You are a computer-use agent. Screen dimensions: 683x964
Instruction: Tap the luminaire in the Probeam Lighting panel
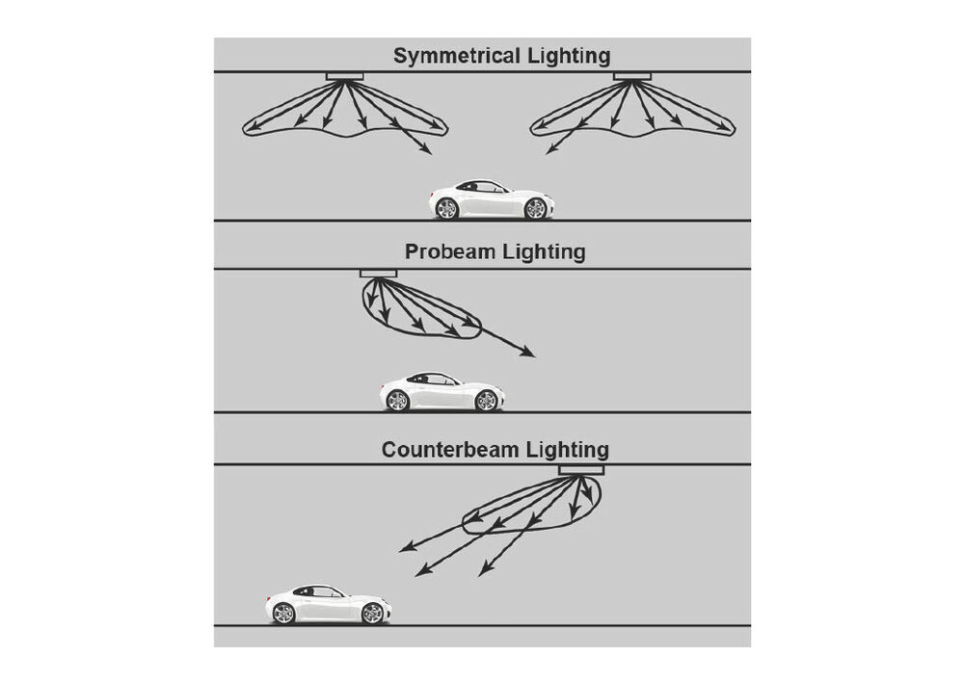point(378,274)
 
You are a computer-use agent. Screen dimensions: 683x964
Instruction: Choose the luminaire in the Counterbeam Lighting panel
point(581,470)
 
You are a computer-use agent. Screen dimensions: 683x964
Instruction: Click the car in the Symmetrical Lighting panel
point(492,199)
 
